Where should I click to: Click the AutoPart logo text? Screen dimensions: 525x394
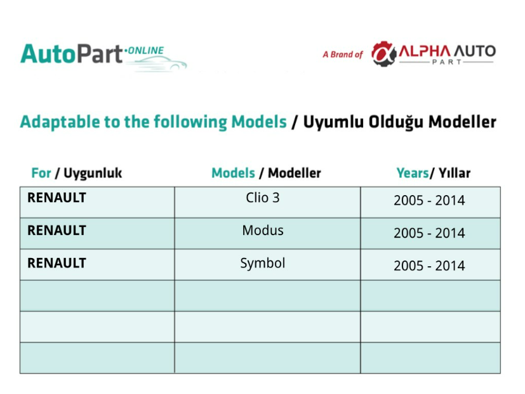click(71, 54)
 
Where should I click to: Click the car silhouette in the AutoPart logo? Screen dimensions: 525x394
click(157, 64)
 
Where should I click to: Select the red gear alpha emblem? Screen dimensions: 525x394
click(383, 53)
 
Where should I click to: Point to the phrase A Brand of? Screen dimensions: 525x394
click(343, 54)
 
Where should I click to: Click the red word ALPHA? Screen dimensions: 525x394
click(424, 51)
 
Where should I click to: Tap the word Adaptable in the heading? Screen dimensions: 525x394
click(60, 122)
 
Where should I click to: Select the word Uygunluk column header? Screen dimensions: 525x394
click(93, 173)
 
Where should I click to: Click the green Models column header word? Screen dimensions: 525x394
click(234, 173)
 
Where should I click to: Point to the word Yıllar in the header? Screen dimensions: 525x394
click(455, 173)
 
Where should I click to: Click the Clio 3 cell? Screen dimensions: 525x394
click(263, 198)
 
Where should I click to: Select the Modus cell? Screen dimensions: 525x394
click(263, 231)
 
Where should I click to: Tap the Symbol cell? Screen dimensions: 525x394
click(263, 264)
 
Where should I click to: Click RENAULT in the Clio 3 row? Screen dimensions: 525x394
click(56, 198)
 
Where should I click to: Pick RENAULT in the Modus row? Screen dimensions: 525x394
click(56, 231)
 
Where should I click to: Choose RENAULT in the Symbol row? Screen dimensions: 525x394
click(56, 263)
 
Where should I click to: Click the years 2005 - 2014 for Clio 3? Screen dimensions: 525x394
click(429, 200)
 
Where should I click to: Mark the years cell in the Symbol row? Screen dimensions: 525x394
click(429, 266)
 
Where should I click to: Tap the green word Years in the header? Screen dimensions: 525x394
click(413, 173)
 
